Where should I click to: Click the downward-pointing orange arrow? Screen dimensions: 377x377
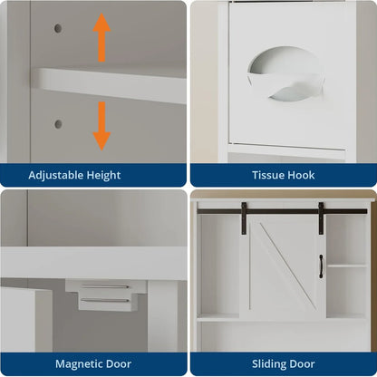[101, 125]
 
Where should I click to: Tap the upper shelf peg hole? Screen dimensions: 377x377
[58, 28]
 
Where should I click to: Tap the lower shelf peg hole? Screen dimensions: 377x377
[58, 124]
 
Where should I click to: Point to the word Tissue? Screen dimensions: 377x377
[264, 175]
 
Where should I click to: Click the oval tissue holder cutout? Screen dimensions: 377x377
[285, 73]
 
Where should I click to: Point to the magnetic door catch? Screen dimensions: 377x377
[105, 294]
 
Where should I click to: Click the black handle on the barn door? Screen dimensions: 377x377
[320, 266]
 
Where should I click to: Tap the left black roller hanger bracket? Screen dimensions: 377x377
[244, 218]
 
